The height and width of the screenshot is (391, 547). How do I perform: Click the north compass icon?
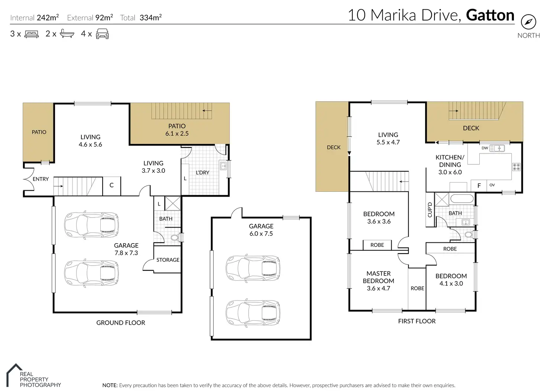tap(528, 22)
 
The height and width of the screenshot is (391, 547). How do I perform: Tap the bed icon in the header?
tap(32, 34)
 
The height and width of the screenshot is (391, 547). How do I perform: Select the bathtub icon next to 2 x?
tap(67, 34)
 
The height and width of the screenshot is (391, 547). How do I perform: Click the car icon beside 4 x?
tap(102, 34)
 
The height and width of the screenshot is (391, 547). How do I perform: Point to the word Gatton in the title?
tap(490, 15)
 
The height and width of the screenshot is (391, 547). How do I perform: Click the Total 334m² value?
tap(150, 18)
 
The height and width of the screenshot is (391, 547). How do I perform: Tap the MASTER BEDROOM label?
tap(379, 277)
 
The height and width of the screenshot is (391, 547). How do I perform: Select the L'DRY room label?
tap(203, 172)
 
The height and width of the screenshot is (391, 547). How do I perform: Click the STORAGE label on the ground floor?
tap(168, 260)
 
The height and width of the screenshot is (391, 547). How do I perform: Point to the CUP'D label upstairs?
tap(430, 210)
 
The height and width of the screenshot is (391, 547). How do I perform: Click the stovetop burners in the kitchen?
tap(516, 167)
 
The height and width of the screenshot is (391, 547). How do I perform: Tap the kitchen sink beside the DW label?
tap(497, 148)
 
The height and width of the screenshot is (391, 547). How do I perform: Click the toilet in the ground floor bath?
tap(175, 237)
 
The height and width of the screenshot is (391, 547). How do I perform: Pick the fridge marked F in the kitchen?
tap(479, 186)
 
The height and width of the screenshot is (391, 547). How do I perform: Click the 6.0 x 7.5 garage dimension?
tap(261, 234)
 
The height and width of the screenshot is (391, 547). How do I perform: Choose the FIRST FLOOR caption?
tap(417, 321)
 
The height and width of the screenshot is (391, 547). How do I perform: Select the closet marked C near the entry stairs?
tap(111, 186)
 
